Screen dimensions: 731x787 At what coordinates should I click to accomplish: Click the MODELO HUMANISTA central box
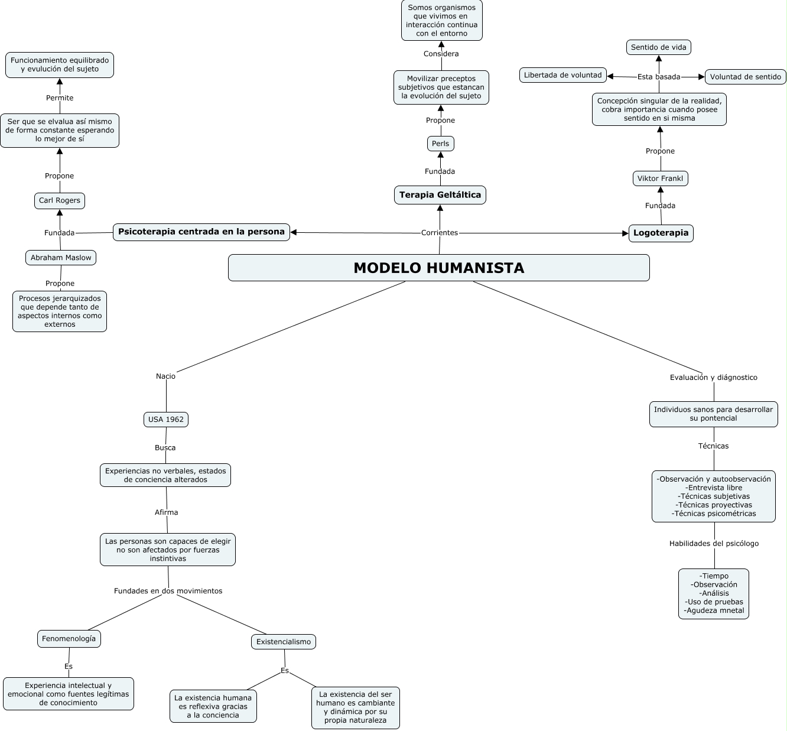438,268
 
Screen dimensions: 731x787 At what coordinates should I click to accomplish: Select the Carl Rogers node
59,201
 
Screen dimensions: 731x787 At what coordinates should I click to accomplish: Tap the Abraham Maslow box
61,258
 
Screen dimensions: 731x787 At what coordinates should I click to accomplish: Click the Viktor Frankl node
660,178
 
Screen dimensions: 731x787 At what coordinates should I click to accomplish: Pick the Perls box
440,144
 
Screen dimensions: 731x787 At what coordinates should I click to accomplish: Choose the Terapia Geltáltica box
440,195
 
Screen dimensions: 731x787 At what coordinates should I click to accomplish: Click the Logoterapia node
661,233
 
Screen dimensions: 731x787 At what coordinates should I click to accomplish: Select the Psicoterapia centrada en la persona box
201,232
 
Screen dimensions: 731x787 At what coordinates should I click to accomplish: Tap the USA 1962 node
165,420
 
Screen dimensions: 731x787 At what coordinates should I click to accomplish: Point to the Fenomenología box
69,639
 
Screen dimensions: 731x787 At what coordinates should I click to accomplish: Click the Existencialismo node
284,642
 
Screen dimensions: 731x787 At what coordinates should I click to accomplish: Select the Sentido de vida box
658,47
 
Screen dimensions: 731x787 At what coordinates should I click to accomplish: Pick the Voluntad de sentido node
745,77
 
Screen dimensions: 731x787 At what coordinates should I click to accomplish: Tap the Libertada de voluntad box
562,75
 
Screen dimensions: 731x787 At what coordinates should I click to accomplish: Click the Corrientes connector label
440,233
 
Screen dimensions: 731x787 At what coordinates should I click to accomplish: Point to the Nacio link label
165,376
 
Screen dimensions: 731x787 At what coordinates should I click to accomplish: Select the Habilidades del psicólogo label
714,544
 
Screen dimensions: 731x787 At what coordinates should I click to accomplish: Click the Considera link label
441,54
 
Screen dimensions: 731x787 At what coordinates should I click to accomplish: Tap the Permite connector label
60,98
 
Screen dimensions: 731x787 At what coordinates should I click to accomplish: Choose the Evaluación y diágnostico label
713,378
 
